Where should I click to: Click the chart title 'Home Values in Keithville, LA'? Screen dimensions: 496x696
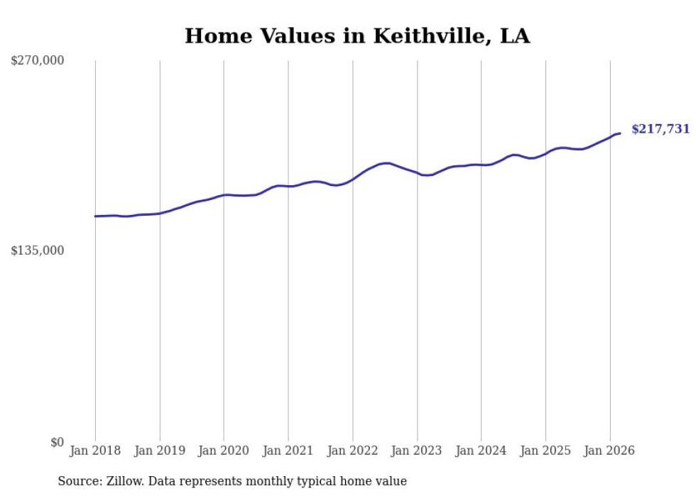tap(357, 36)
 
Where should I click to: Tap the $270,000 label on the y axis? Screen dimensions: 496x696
tap(37, 61)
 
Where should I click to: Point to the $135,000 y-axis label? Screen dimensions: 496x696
tap(37, 250)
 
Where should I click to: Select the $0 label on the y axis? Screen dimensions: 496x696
tap(57, 442)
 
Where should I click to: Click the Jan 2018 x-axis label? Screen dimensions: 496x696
tap(95, 451)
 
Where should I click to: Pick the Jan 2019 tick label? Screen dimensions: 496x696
tap(160, 451)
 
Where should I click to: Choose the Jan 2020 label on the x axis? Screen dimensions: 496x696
tap(224, 451)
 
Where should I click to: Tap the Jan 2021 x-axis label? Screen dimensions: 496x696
tap(288, 451)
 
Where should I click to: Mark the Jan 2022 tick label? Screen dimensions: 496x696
tap(352, 451)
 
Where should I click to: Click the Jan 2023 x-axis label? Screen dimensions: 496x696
tap(417, 451)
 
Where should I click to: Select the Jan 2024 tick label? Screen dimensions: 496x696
tap(481, 451)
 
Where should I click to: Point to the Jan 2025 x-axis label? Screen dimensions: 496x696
tap(545, 451)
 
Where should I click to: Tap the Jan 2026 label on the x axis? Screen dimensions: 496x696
tap(609, 451)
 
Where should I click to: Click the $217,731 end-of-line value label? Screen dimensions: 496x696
tap(660, 129)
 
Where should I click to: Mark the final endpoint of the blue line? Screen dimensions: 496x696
tap(620, 133)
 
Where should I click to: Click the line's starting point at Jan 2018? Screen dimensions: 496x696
tap(95, 216)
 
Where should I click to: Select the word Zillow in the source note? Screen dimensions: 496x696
tap(125, 481)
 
